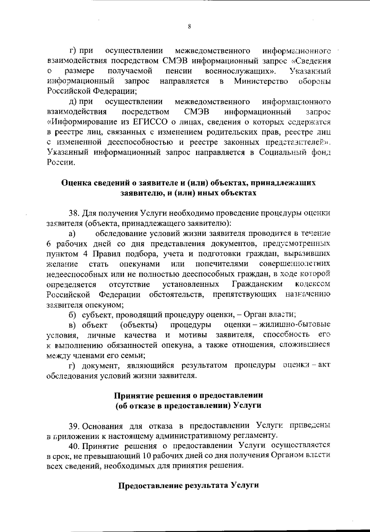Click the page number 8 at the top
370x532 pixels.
click(189, 27)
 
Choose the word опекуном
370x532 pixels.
click(104, 305)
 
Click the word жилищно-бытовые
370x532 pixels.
click(295, 325)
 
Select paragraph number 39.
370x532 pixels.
click(74, 426)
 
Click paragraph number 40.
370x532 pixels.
click(74, 446)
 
